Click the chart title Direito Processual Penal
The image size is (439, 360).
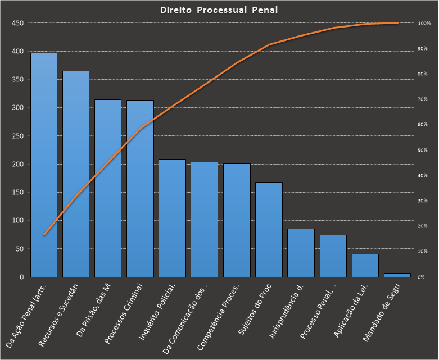219,10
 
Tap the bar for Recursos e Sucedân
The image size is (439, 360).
76,174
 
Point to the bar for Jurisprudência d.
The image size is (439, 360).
301,253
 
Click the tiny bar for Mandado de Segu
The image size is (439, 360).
397,275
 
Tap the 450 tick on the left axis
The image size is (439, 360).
17,23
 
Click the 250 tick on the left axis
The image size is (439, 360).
17,136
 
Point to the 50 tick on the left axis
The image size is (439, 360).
19,249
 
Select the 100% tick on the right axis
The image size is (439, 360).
424,24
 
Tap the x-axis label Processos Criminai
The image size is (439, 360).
125,313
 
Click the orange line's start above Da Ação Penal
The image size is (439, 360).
44,235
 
